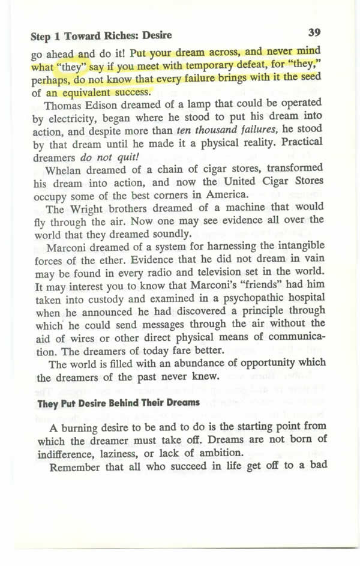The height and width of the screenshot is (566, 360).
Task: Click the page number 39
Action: click(316, 32)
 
